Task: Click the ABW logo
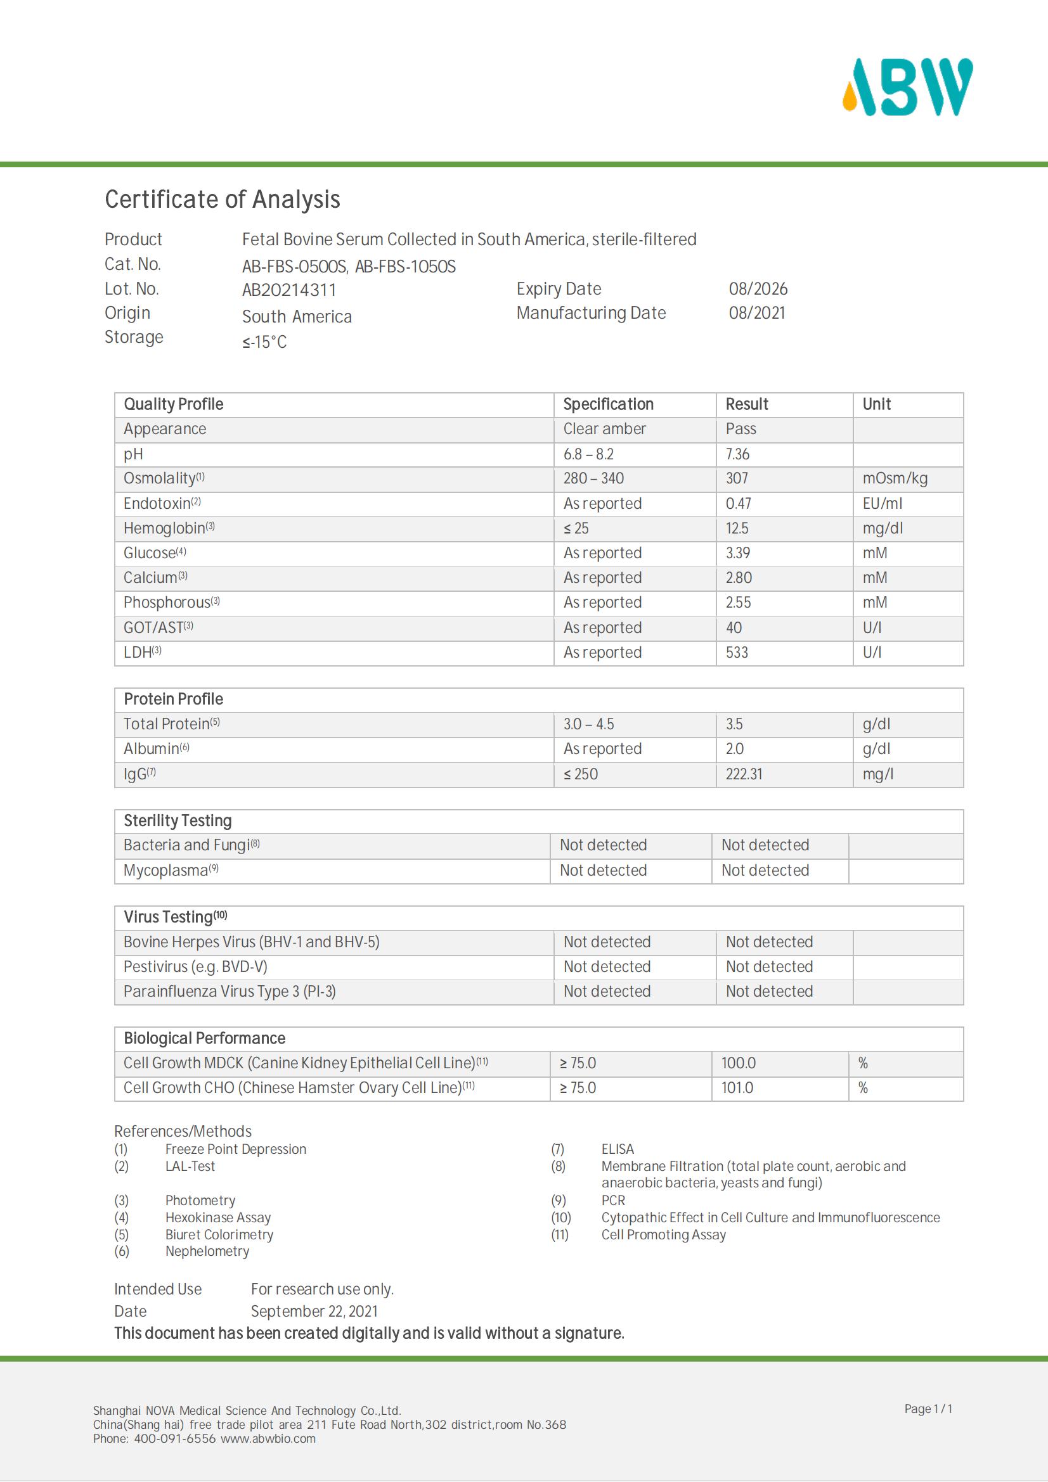pyautogui.click(x=907, y=87)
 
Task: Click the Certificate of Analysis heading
pyautogui.click(x=222, y=200)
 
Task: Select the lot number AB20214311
pyautogui.click(x=288, y=290)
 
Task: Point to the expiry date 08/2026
pyautogui.click(x=758, y=289)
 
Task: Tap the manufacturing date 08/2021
pyautogui.click(x=757, y=313)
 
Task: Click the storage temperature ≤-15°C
pyautogui.click(x=264, y=342)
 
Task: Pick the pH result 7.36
pyautogui.click(x=737, y=454)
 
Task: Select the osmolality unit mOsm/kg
pyautogui.click(x=895, y=479)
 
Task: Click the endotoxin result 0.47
pyautogui.click(x=738, y=504)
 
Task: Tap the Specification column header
pyautogui.click(x=607, y=405)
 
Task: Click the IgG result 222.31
pyautogui.click(x=743, y=774)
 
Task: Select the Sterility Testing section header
pyautogui.click(x=178, y=821)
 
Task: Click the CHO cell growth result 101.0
pyautogui.click(x=737, y=1089)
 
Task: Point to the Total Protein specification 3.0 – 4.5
pyautogui.click(x=588, y=724)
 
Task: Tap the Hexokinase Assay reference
pyautogui.click(x=217, y=1217)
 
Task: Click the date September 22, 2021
pyautogui.click(x=314, y=1312)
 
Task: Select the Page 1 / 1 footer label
pyautogui.click(x=928, y=1409)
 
